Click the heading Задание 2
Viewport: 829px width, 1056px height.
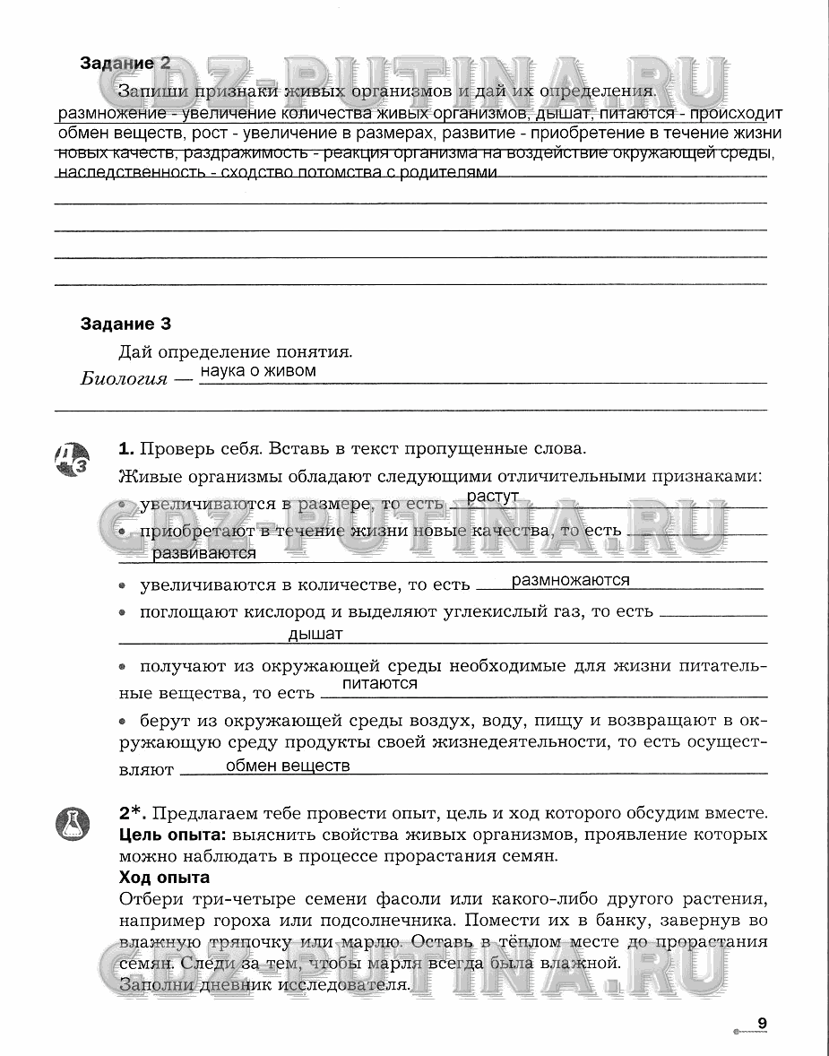tap(125, 64)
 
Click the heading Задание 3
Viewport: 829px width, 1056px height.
tap(125, 325)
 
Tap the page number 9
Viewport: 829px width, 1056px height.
tap(762, 1023)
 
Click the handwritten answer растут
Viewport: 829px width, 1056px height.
tap(493, 497)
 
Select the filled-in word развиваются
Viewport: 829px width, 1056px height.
tap(204, 554)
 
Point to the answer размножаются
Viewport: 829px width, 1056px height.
tap(570, 580)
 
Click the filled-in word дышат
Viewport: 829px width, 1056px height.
tap(315, 635)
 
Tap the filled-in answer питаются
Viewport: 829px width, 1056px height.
tap(380, 683)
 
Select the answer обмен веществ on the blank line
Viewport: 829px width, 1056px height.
tap(287, 766)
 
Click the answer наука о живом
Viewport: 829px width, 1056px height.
tap(258, 370)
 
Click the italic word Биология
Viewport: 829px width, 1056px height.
tap(124, 378)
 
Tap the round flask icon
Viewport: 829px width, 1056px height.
tap(75, 823)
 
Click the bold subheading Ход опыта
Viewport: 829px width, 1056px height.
tap(164, 877)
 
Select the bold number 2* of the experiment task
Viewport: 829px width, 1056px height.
tap(132, 813)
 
